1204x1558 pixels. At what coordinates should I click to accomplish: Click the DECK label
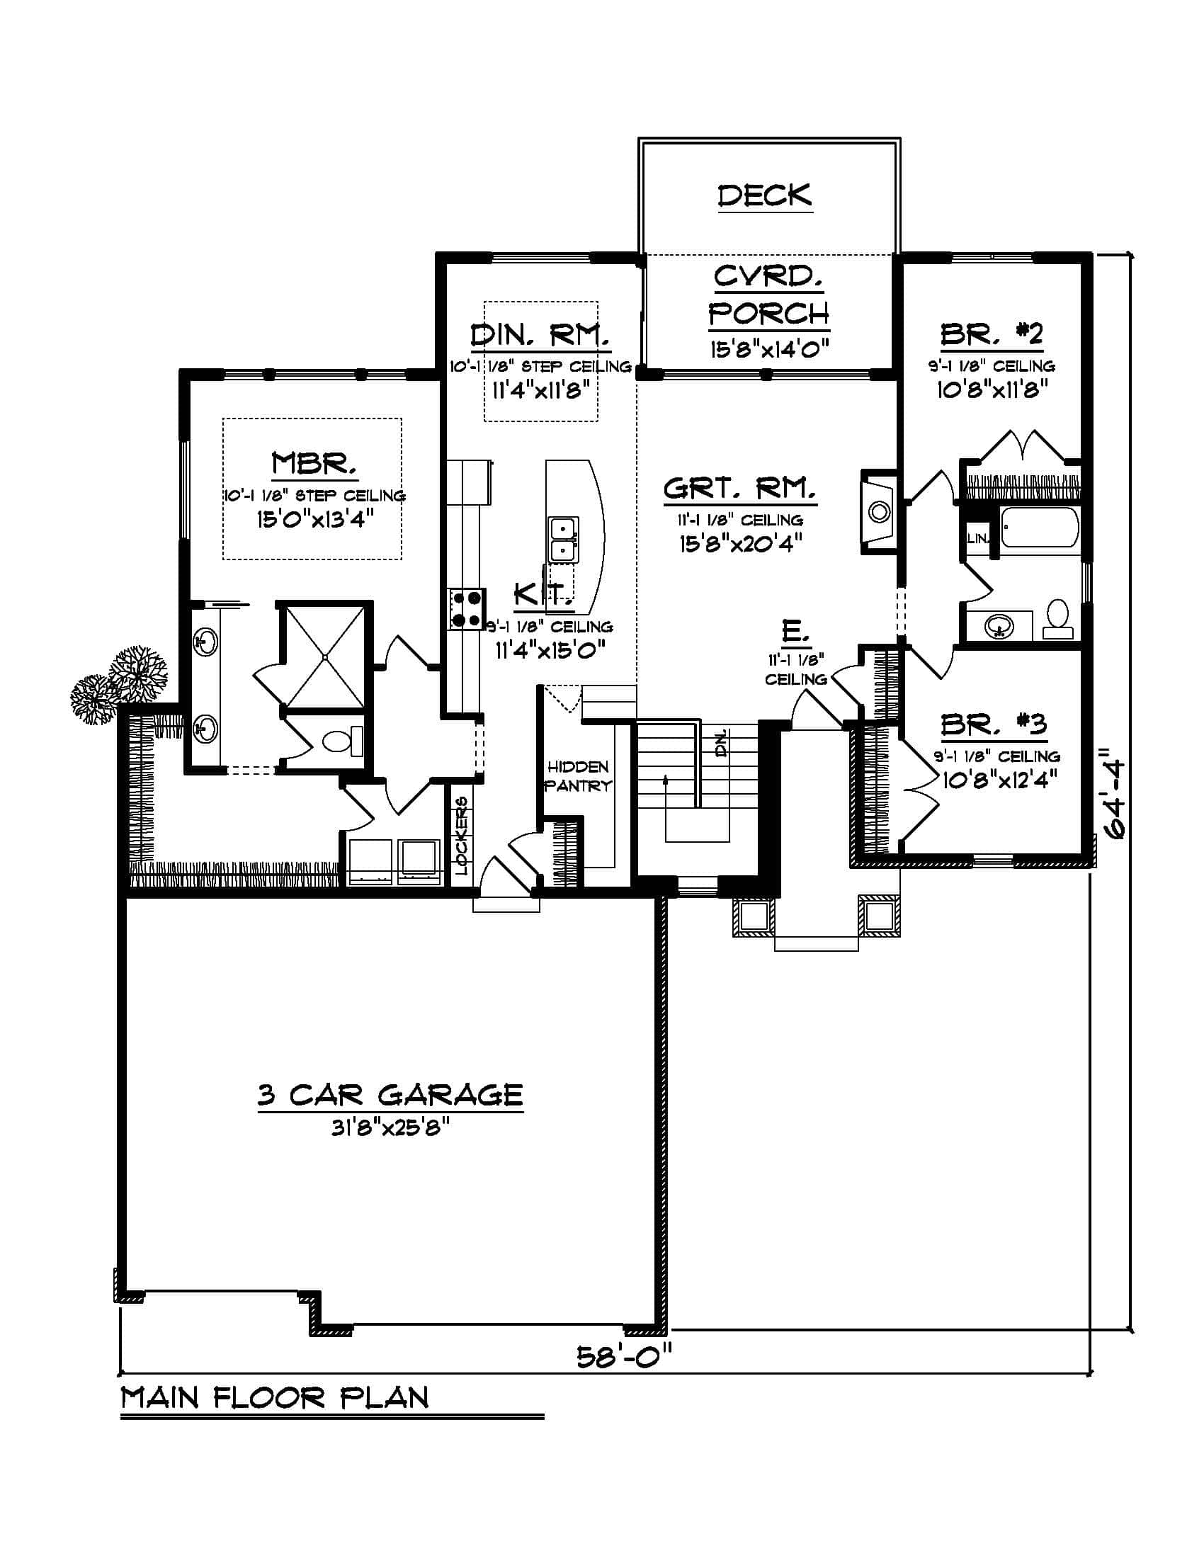pos(764,195)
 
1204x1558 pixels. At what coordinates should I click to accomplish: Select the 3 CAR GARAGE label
pos(390,1094)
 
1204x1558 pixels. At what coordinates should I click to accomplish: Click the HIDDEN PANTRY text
pos(578,776)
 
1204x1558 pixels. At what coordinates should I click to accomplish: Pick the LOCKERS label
pos(462,836)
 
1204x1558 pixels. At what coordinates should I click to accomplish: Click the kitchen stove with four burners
pos(467,608)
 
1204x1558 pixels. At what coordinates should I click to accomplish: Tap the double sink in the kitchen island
pos(564,540)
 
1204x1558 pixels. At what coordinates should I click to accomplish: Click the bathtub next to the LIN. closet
pos(1039,527)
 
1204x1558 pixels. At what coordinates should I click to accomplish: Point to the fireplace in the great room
pos(878,511)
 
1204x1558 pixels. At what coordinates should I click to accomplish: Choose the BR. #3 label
pos(993,724)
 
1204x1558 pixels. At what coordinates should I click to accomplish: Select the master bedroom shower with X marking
pos(324,655)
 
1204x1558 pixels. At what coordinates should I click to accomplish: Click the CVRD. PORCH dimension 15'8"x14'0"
pos(769,350)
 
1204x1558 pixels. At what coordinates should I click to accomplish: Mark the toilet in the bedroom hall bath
pos(1058,618)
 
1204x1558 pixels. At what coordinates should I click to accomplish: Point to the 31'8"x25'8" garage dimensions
pos(390,1128)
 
